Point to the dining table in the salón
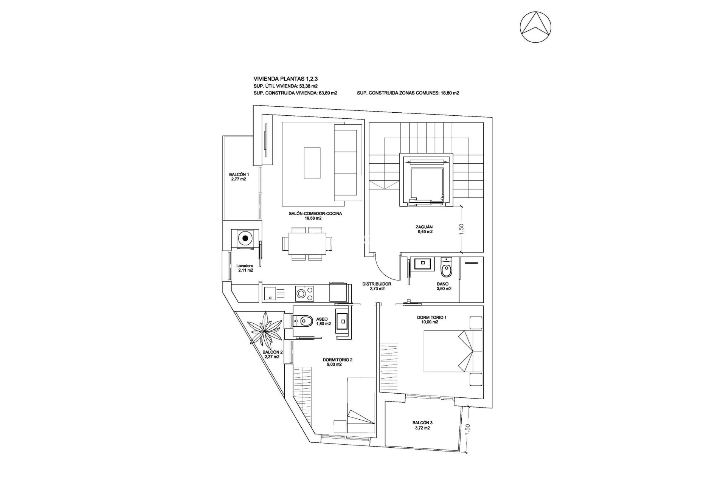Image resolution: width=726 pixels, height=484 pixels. (x=304, y=244)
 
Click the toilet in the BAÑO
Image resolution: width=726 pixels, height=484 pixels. (x=446, y=269)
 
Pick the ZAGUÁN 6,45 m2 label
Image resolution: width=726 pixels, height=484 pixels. (x=423, y=229)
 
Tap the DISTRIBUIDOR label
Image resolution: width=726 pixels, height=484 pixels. (x=376, y=284)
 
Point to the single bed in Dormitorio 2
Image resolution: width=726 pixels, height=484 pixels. (x=361, y=405)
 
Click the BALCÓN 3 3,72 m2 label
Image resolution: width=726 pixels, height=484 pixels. (x=422, y=425)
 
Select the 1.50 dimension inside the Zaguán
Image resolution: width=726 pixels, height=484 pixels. (x=461, y=229)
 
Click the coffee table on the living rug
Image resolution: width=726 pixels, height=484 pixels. (x=312, y=163)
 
